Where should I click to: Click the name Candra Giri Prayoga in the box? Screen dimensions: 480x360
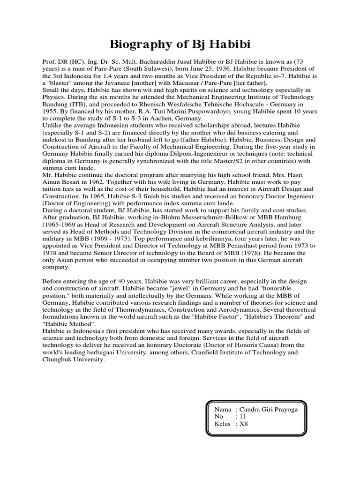click(271, 409)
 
